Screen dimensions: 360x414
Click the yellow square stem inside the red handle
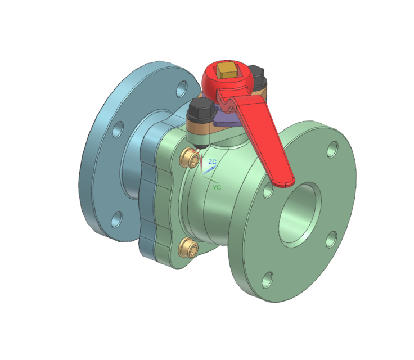228,71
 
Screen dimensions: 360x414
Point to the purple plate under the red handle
226,119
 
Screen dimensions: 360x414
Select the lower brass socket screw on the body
188,247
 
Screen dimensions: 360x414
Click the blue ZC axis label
212,162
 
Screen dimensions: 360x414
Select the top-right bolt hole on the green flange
333,149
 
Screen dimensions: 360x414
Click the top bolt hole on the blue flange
182,88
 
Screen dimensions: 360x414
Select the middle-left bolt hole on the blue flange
117,130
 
